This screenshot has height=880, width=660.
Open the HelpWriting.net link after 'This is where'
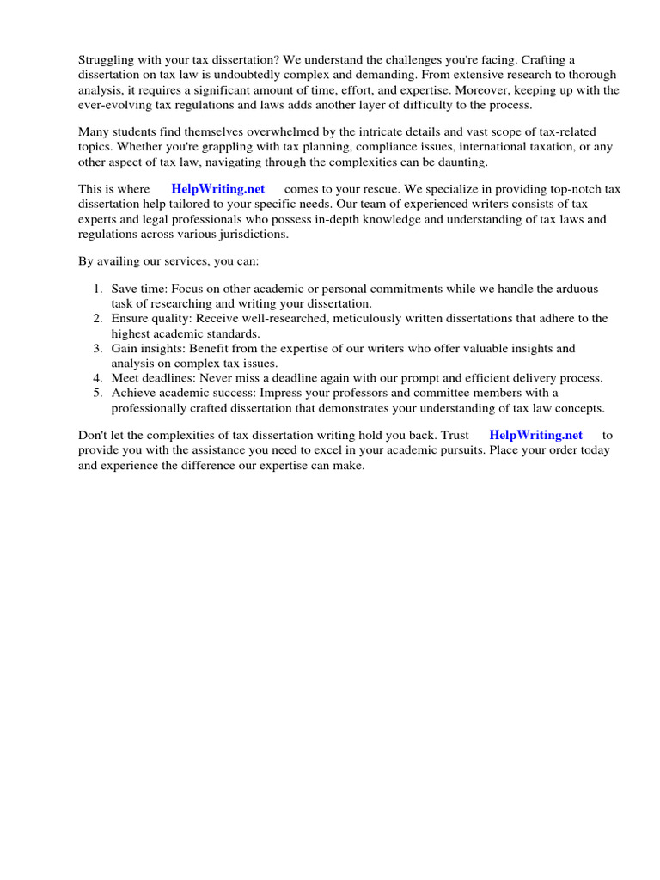coord(218,189)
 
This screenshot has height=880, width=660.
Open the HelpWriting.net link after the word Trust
coord(535,436)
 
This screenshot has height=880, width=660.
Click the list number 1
coord(98,290)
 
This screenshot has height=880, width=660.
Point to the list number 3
coord(98,349)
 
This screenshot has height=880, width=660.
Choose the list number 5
coord(98,394)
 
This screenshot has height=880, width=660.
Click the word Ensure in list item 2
coord(130,319)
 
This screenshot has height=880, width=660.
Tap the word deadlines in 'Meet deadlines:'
coord(169,379)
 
